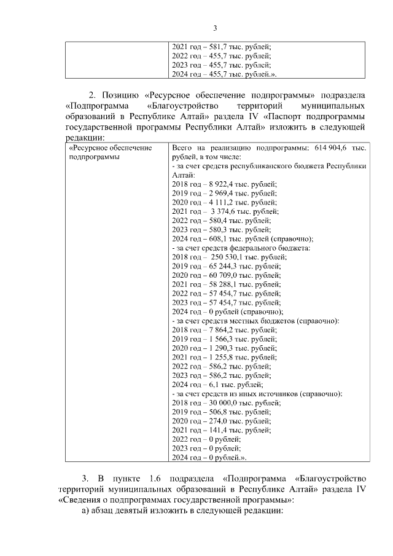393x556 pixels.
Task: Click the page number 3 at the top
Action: pos(215,28)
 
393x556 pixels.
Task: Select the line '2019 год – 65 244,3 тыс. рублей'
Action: pos(226,266)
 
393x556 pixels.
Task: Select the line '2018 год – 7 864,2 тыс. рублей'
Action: pos(224,330)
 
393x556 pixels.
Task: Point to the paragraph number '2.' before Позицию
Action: pos(93,95)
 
